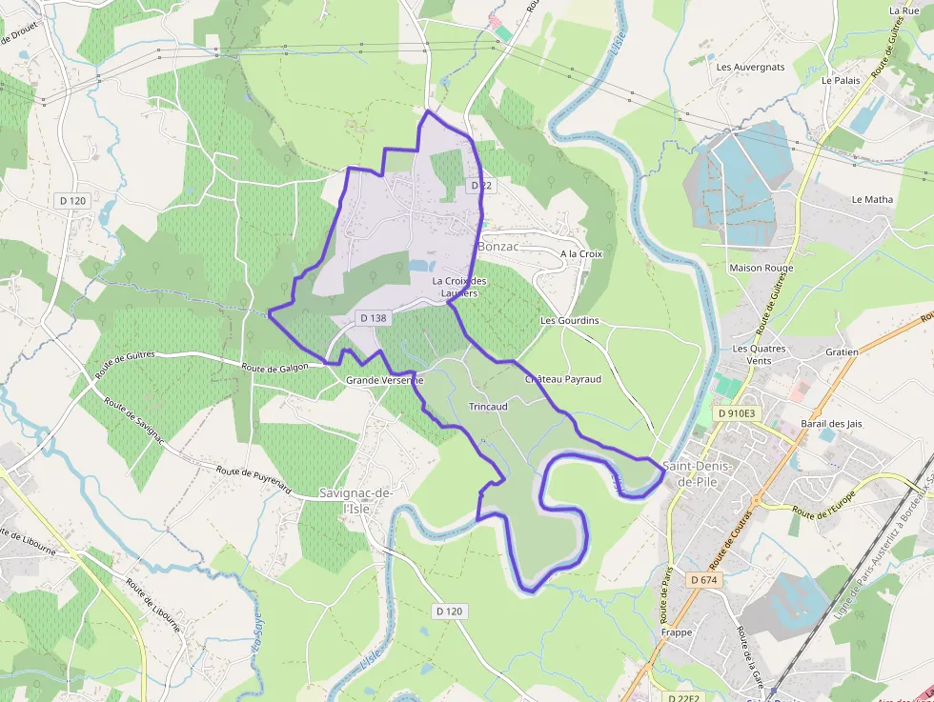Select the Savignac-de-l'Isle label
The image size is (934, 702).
click(x=356, y=499)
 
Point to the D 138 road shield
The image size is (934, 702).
click(x=374, y=317)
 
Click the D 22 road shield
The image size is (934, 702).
click(x=480, y=185)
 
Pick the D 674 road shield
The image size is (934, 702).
click(x=703, y=580)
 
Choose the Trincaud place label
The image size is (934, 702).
click(x=488, y=407)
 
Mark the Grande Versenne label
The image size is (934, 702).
click(x=383, y=380)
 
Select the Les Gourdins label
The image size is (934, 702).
click(x=569, y=321)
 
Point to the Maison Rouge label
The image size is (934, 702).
click(x=761, y=269)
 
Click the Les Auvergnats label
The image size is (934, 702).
click(x=750, y=68)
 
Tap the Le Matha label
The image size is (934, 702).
click(x=872, y=200)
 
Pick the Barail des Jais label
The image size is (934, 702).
click(x=833, y=424)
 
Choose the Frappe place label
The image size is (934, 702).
click(x=677, y=632)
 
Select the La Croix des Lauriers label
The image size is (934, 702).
click(x=459, y=287)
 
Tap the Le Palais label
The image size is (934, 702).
click(x=841, y=81)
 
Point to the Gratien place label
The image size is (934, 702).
click(x=842, y=352)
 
